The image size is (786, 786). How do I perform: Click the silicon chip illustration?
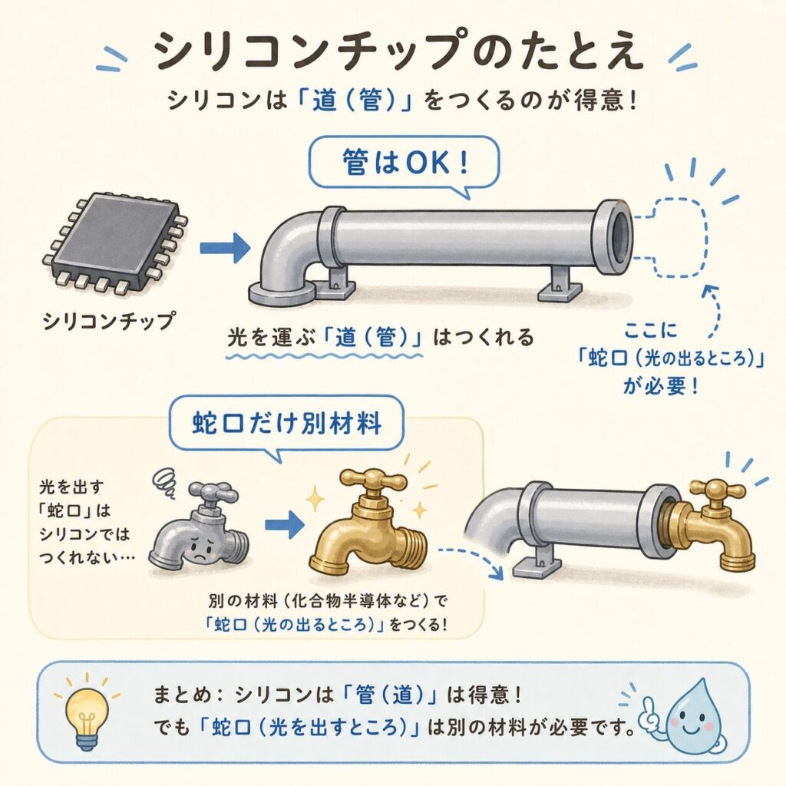tap(114, 245)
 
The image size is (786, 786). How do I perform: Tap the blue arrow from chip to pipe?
tap(225, 247)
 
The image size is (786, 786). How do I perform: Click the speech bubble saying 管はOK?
tap(404, 166)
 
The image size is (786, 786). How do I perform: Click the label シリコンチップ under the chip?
tap(110, 322)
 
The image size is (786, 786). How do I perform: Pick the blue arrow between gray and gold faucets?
tap(284, 525)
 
